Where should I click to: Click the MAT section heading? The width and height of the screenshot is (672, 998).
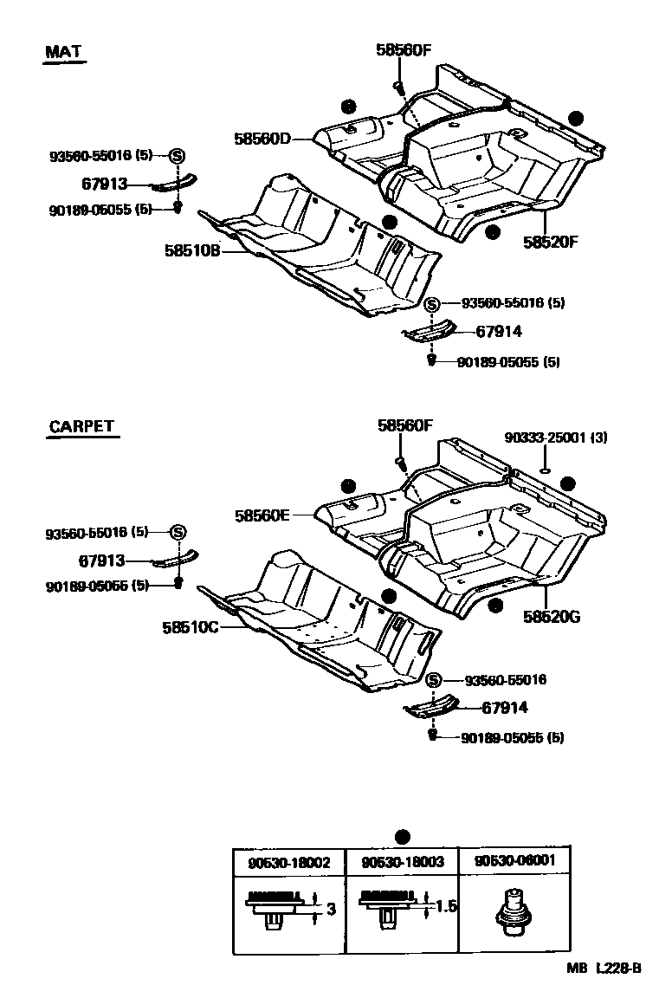63,52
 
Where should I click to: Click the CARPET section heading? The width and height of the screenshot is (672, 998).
81,426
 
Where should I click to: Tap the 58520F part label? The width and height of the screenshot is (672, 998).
549,242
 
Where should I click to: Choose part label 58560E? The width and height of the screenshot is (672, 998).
261,515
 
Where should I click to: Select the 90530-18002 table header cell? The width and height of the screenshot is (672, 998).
288,862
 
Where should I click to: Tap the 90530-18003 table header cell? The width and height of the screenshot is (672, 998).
402,862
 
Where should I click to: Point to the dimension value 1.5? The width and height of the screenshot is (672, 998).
445,907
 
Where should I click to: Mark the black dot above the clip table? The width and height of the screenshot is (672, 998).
401,837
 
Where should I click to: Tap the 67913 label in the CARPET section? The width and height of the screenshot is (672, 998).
102,561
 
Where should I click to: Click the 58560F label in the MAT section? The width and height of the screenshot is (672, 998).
403,50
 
